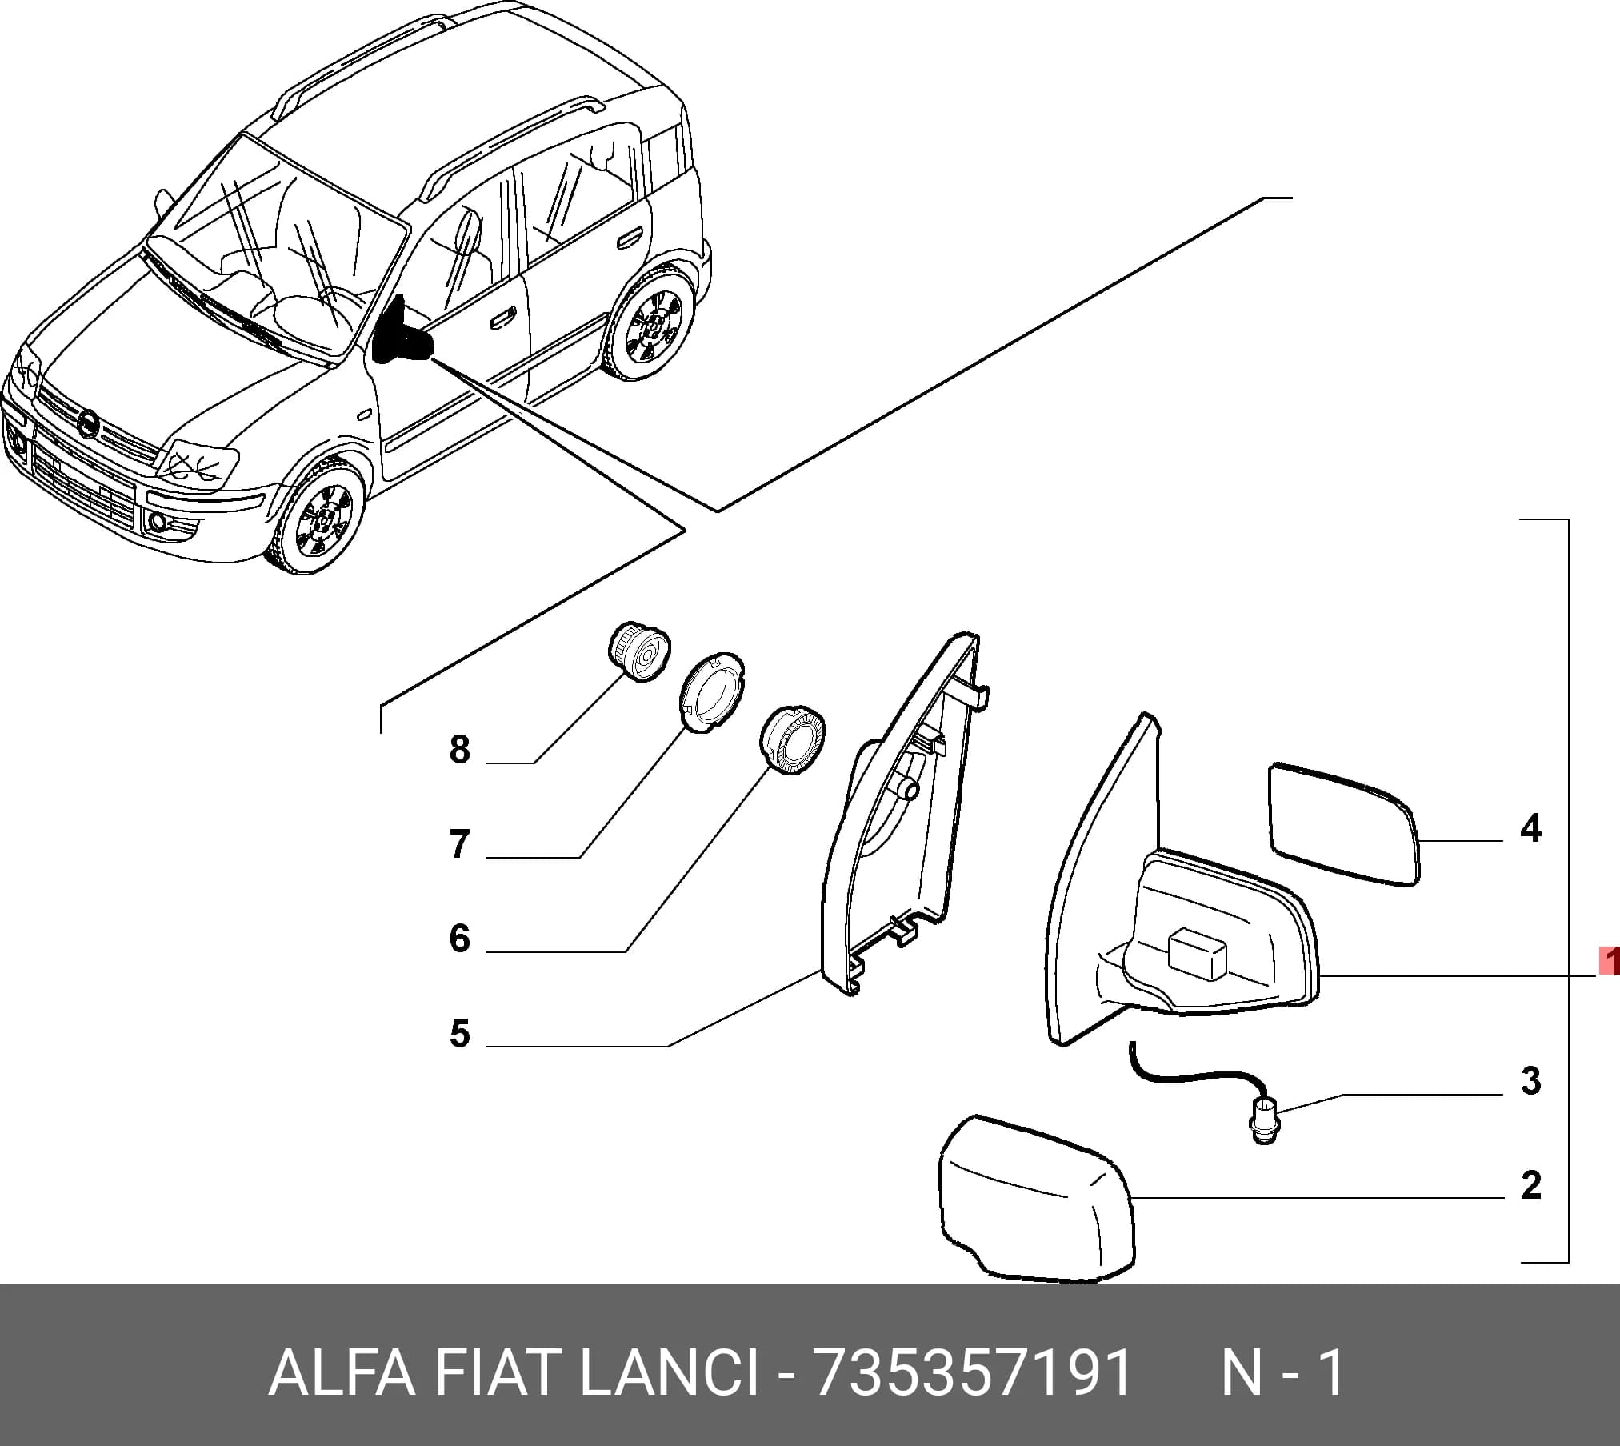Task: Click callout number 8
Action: [x=459, y=750]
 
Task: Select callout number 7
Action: [x=459, y=844]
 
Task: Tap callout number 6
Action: [x=459, y=938]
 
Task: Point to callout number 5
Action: [x=459, y=1033]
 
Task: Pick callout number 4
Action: [x=1530, y=828]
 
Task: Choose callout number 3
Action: [x=1530, y=1080]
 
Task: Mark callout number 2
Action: [x=1530, y=1185]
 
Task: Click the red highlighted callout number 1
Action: [x=1610, y=961]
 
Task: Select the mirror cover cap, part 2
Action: [x=1037, y=1200]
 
